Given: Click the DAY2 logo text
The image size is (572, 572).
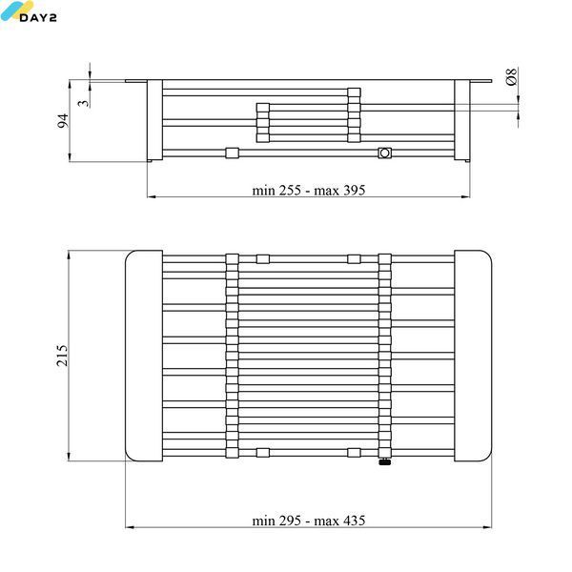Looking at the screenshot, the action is tap(38, 17).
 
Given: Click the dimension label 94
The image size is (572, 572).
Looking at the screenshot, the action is tap(63, 121).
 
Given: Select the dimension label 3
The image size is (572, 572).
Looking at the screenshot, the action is tap(84, 103).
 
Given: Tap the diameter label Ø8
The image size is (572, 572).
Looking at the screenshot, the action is tap(511, 76).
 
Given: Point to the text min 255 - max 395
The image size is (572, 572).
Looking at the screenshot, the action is tap(309, 190).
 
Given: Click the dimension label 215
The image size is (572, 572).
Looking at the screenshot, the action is tap(62, 356).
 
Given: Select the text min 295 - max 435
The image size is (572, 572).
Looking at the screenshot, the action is tap(309, 521).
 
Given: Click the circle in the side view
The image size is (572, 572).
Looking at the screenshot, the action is tap(384, 153).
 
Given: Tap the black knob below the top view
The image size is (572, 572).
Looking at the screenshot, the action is tap(385, 462).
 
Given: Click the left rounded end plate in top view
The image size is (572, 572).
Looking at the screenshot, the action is tap(144, 356).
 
